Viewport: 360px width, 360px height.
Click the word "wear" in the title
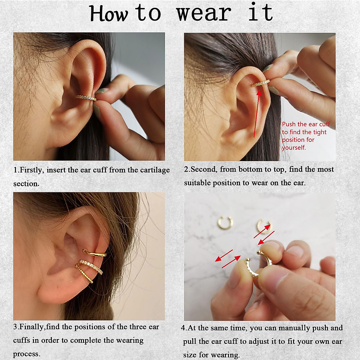(204, 13)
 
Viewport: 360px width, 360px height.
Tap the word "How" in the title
(109, 14)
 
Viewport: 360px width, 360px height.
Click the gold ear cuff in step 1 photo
(86, 98)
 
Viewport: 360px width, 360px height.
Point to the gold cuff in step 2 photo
(261, 84)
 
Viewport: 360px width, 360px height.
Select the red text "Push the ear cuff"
(306, 124)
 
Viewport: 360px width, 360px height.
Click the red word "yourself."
(294, 148)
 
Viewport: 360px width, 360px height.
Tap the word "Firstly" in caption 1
(32, 170)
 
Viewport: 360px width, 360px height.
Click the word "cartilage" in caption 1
(155, 170)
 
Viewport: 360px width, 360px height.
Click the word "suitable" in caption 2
(197, 183)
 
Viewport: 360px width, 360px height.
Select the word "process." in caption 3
(26, 354)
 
